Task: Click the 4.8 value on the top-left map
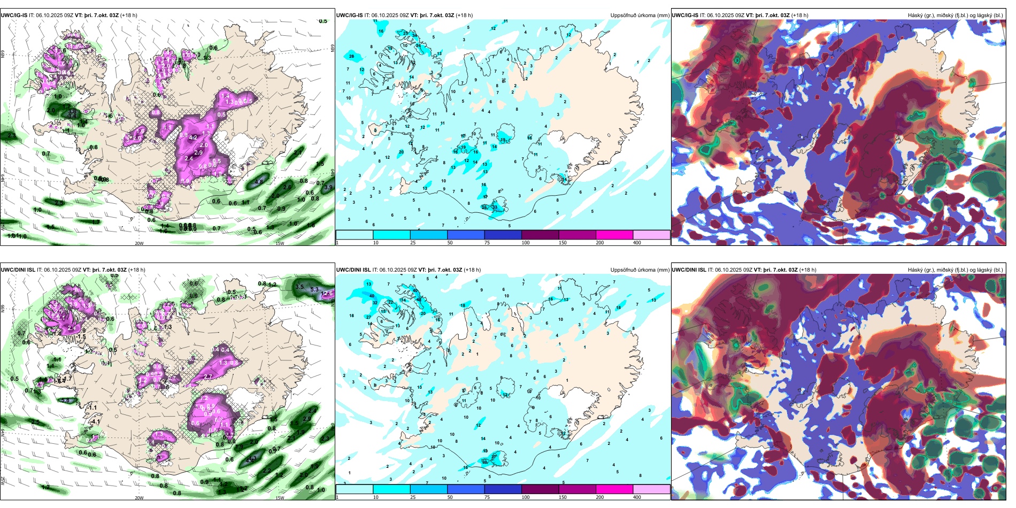pos(259,182)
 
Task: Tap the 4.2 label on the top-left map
pos(193,137)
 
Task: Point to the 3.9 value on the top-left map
pos(328,187)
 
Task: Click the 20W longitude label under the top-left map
pos(139,243)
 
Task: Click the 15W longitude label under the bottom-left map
pos(279,498)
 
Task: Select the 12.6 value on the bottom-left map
pos(327,293)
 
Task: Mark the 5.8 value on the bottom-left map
pos(65,400)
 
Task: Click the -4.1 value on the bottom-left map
pos(95,421)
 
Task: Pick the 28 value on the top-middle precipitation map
pos(351,56)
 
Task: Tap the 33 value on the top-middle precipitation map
pos(495,207)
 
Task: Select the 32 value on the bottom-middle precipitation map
pos(375,303)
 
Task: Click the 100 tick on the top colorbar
pos(526,243)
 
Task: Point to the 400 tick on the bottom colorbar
pos(637,497)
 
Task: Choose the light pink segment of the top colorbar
pos(651,235)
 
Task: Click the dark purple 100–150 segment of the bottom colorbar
pos(540,489)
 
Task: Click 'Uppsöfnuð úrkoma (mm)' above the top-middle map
pos(640,16)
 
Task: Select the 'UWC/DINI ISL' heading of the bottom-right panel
pos(689,270)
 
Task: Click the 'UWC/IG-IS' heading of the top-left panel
pos(14,16)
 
